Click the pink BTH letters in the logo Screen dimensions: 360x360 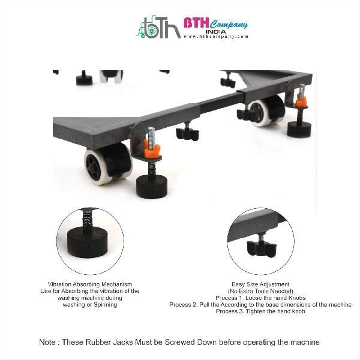tap(196, 23)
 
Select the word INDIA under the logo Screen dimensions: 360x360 tap(215, 32)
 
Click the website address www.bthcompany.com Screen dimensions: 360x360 tap(216, 36)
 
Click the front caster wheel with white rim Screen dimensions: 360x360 tap(108, 163)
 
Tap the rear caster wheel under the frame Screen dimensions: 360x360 tap(267, 110)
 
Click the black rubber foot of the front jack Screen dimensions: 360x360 tap(152, 187)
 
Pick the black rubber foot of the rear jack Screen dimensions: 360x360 tap(299, 129)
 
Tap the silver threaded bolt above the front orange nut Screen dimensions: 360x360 tap(151, 136)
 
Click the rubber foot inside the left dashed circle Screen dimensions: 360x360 tap(88, 242)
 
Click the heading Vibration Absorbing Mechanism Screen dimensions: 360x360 tap(90, 284)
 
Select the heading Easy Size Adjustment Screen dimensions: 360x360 tap(260, 284)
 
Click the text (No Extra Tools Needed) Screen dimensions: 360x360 tap(260, 291)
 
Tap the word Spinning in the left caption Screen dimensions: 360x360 tap(106, 305)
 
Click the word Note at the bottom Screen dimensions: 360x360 tap(47, 342)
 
